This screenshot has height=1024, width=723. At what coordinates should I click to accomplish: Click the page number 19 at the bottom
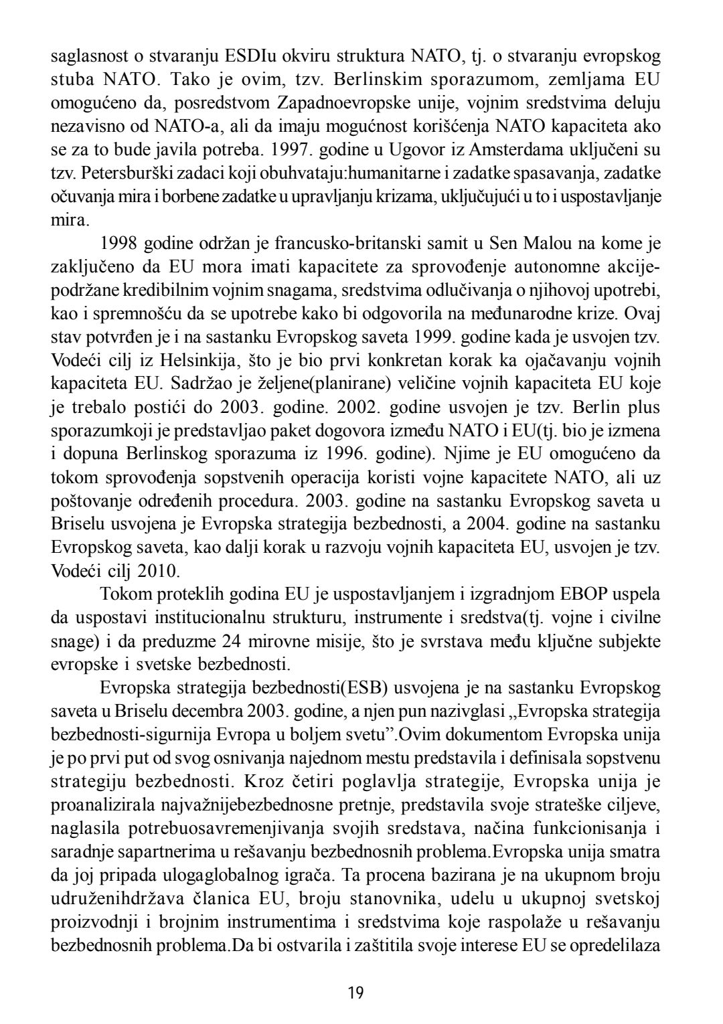[x=356, y=992]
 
